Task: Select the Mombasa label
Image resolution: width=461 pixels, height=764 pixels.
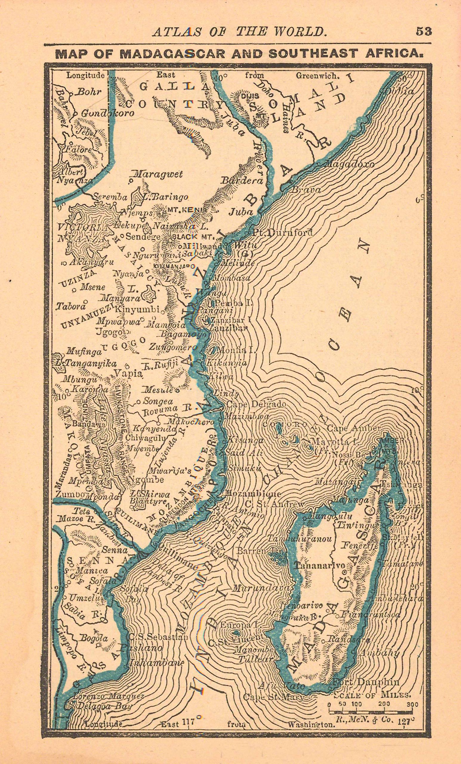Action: [x=231, y=278]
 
